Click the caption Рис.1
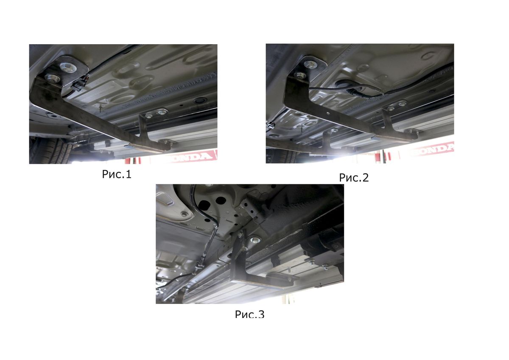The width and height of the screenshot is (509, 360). point(117,174)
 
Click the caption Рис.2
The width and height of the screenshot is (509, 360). point(354,177)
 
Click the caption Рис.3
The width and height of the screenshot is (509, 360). point(249,314)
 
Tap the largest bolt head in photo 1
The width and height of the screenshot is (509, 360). point(68,67)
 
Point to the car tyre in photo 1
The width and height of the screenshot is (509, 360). point(50,151)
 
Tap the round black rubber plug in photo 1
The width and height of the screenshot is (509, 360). point(200,100)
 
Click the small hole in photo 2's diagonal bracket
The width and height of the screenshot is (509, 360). point(327,112)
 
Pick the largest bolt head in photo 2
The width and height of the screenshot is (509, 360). point(310,65)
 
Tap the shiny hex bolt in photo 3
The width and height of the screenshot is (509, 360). point(255,239)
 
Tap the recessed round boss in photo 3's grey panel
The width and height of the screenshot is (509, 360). point(184,214)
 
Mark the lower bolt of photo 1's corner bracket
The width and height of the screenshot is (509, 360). point(52,78)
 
